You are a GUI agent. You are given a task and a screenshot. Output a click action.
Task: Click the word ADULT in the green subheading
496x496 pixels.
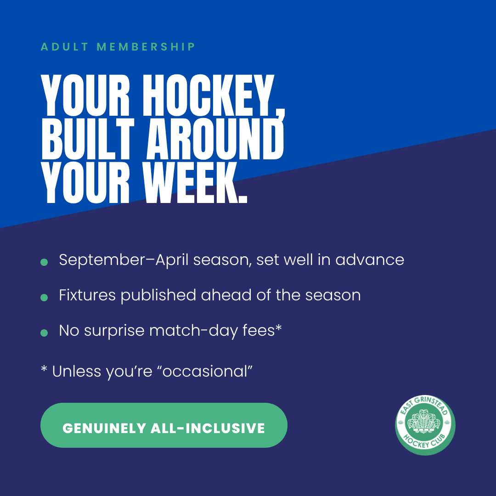click(x=64, y=47)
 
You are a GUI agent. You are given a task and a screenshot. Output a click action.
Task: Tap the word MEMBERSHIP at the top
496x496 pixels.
click(x=146, y=47)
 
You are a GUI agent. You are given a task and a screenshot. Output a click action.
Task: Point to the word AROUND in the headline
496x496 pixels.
click(x=215, y=139)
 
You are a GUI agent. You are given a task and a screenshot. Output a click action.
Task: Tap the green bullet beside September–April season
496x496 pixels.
click(x=44, y=262)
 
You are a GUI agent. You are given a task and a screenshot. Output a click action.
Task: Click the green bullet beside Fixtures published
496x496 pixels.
click(x=44, y=298)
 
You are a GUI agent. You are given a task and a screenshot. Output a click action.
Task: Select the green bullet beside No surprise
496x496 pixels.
click(x=44, y=333)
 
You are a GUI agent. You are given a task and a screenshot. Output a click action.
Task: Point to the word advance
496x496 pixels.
click(x=369, y=259)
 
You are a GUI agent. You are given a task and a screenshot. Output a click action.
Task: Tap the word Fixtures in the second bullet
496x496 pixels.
click(x=87, y=295)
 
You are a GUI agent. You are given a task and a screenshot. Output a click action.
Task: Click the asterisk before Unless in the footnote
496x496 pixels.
click(x=44, y=368)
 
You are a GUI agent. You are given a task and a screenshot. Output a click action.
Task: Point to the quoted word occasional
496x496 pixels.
click(x=207, y=372)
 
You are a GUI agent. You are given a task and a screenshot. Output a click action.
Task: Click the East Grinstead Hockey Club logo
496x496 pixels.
click(x=425, y=425)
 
